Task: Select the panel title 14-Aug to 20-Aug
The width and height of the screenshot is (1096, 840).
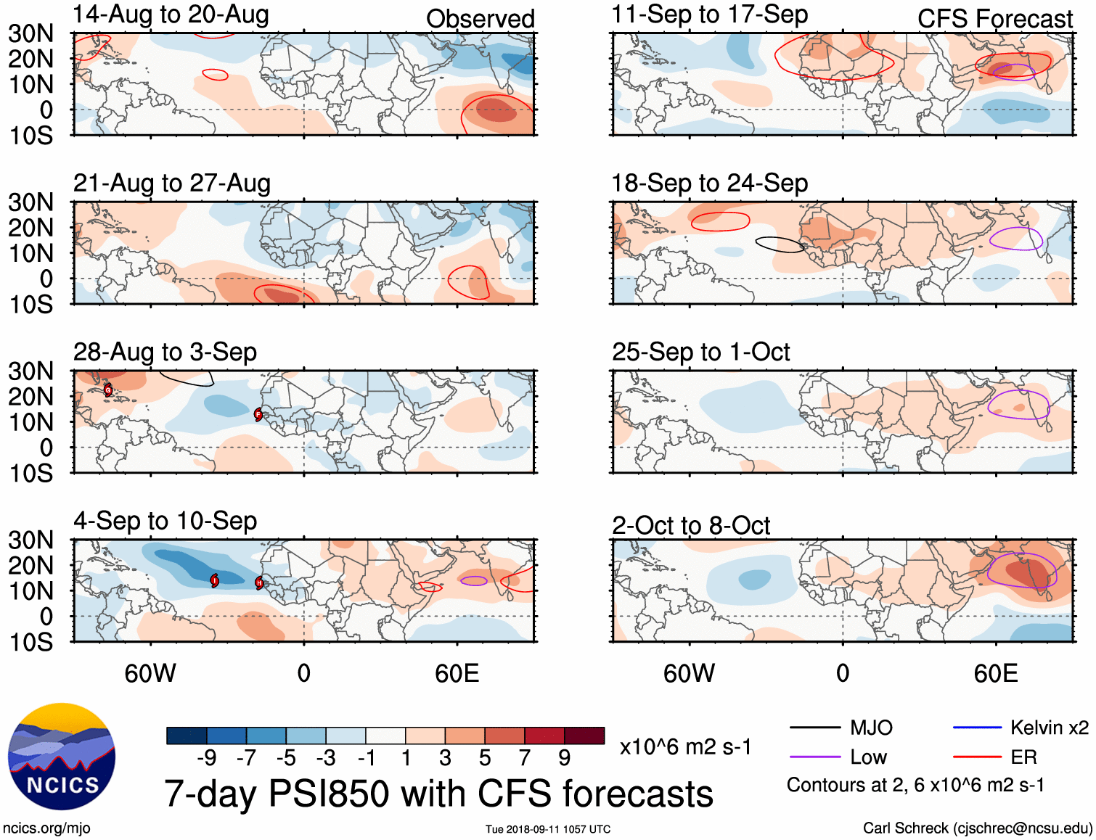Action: click(171, 15)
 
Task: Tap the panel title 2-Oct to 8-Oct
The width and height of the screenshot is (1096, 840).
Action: click(690, 525)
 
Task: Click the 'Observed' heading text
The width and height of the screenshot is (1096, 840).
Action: click(480, 19)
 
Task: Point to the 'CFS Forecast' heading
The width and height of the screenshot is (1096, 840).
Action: click(994, 19)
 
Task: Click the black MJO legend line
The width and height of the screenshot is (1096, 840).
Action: click(814, 728)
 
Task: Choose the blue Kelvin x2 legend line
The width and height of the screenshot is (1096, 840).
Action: click(977, 728)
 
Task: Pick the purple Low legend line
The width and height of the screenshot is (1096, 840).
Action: click(814, 757)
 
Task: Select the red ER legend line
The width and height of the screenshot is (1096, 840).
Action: click(977, 757)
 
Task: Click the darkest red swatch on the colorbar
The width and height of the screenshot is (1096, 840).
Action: click(584, 736)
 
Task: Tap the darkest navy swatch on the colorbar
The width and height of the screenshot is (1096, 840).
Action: click(187, 736)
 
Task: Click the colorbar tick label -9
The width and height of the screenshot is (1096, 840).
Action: click(207, 758)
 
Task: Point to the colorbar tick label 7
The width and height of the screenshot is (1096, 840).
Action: click(525, 758)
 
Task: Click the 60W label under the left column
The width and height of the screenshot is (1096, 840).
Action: click(150, 673)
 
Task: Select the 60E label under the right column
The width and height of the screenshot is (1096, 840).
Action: click(995, 673)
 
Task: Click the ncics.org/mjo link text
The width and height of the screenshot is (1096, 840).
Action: click(46, 828)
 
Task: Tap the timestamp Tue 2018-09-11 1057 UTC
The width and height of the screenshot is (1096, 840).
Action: click(548, 829)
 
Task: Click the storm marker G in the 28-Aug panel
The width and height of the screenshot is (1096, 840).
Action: click(108, 390)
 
